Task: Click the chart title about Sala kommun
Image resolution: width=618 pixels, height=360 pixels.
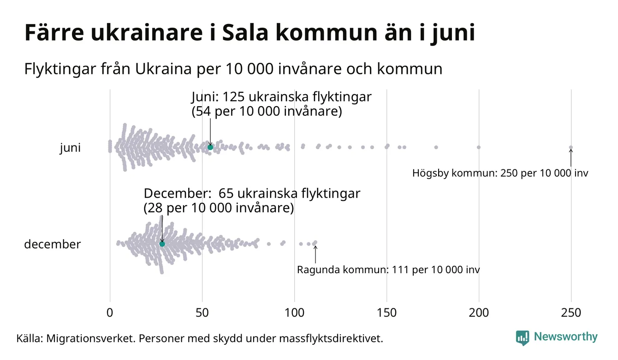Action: (x=249, y=33)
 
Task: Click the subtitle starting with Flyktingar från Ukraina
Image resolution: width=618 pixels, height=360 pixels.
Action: (x=233, y=69)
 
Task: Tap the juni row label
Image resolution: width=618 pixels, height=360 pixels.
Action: (x=70, y=148)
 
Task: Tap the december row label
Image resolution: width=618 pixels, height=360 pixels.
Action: (x=52, y=244)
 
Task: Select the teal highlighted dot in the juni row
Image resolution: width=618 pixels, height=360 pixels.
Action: (x=210, y=147)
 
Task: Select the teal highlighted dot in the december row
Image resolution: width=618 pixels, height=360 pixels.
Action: (x=162, y=244)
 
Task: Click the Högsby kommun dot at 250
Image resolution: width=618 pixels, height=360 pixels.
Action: (x=571, y=148)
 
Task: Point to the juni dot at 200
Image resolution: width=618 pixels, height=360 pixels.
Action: (x=479, y=147)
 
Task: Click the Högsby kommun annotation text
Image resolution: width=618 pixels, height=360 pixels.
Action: (x=500, y=174)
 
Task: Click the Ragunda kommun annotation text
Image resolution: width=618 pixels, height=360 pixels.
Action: (x=388, y=270)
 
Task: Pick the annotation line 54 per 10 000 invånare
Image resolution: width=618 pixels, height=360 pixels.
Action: (x=267, y=111)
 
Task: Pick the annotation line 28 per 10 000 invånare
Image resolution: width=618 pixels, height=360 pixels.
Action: (x=219, y=208)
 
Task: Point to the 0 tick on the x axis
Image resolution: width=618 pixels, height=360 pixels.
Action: (x=110, y=313)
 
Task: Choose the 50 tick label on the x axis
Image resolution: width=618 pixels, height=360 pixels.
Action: (x=202, y=313)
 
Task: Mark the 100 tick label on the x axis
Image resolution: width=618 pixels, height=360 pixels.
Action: (x=294, y=313)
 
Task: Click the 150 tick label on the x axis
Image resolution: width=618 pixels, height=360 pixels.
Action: (x=386, y=313)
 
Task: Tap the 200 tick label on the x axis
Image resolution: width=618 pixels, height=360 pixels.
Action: (x=479, y=313)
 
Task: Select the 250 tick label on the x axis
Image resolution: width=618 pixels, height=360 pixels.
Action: (x=571, y=313)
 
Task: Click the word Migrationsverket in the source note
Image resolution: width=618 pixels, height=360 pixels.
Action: (x=89, y=339)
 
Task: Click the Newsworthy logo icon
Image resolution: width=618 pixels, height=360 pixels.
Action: (x=523, y=337)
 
